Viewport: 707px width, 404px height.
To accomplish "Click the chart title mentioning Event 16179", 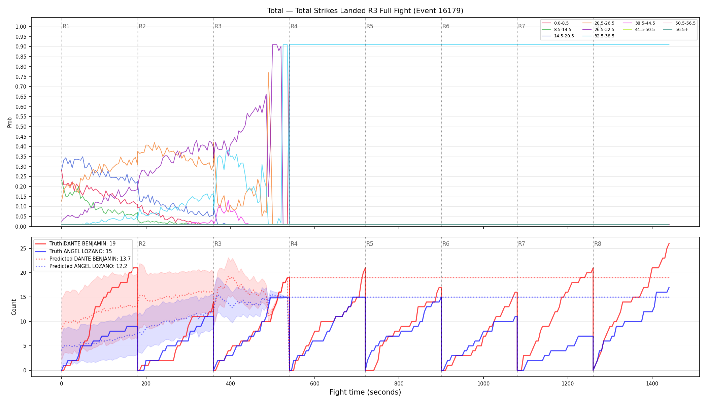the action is click(365, 11).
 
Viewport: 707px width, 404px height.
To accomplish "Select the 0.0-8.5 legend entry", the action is click(555, 23).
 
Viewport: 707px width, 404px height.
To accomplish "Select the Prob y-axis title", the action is click(9, 122).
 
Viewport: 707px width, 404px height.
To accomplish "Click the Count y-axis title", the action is click(14, 307).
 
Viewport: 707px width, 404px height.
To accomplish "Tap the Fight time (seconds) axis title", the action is click(365, 392).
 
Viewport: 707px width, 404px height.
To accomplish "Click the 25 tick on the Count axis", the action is click(23, 248).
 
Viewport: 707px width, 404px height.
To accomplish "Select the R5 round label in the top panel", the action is click(370, 26).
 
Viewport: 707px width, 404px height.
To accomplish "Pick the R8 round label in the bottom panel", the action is click(598, 244).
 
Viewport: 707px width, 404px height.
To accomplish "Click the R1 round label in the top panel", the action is click(66, 26).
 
